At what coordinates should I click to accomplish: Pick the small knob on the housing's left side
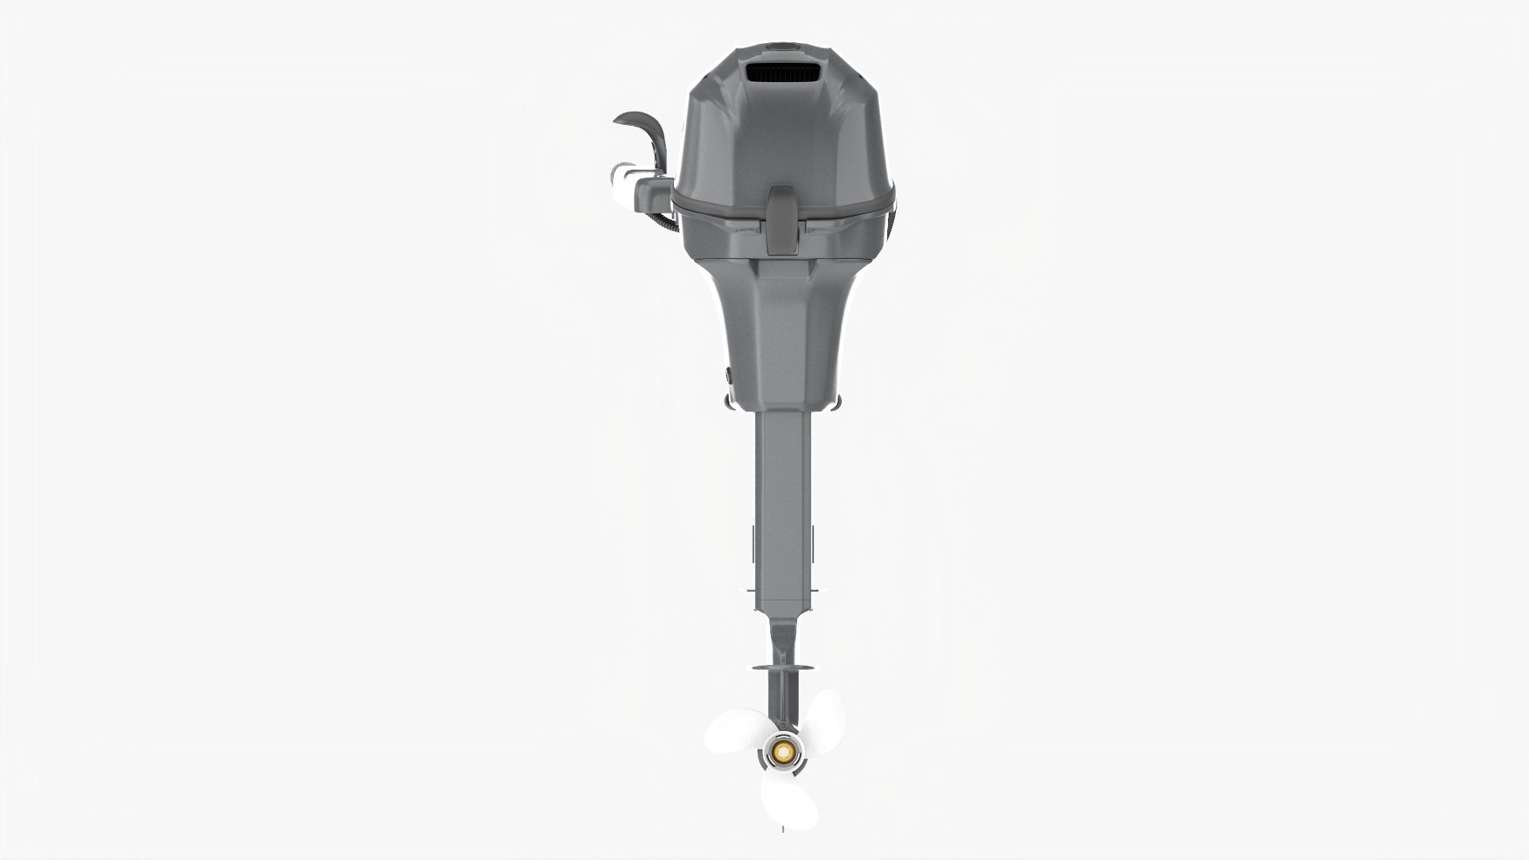(x=728, y=373)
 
